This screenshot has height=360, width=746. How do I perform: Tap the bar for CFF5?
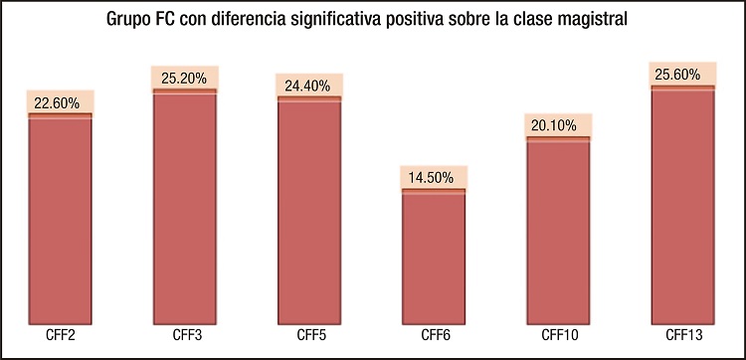pos(309,211)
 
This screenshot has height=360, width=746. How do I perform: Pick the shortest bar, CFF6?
pos(434,257)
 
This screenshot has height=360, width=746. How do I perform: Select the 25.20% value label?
pos(185,77)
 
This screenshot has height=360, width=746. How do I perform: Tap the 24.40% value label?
pos(309,85)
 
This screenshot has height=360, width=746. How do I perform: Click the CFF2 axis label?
pos(60,334)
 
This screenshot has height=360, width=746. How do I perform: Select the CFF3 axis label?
pos(185,334)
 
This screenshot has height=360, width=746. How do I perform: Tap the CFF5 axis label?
pos(309,334)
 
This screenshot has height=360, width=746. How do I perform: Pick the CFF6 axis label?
pos(434,334)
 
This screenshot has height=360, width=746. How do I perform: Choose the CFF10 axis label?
pos(558,334)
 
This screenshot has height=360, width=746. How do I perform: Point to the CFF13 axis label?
pos(683,334)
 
